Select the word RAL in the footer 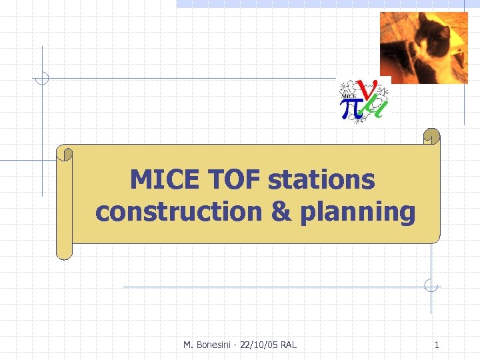coord(289,345)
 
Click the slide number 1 coord(437,345)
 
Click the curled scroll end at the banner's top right coord(432,136)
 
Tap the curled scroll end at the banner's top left coord(65,154)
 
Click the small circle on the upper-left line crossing coord(42,78)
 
